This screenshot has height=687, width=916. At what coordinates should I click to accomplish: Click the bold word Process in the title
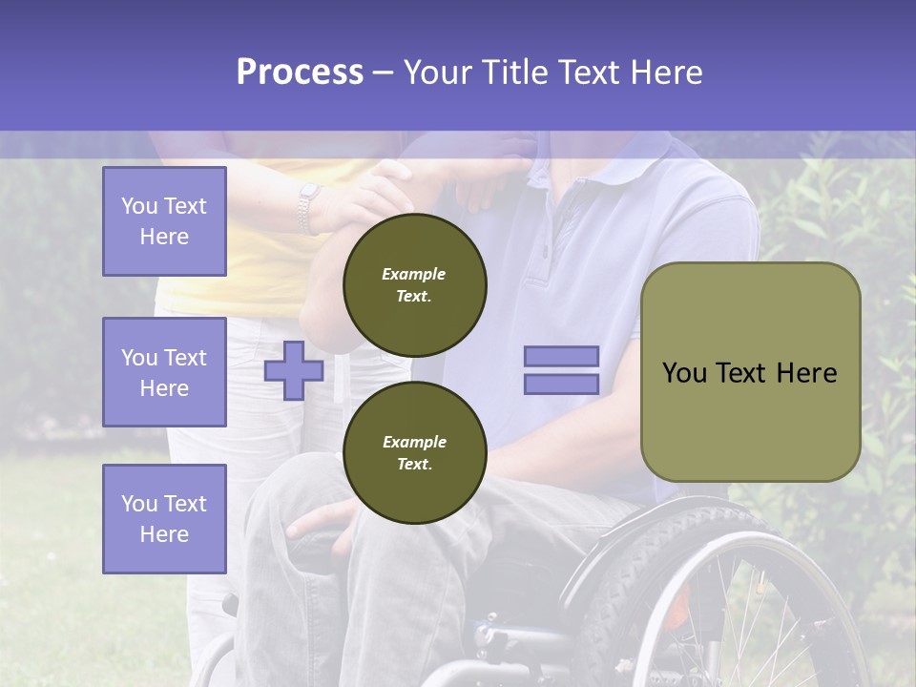300,72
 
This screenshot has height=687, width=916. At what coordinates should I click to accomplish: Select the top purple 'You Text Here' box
164,221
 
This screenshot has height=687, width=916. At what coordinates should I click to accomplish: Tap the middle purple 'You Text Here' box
164,372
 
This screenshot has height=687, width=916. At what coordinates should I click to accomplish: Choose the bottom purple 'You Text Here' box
164,518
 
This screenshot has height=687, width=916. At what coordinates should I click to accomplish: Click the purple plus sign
293,370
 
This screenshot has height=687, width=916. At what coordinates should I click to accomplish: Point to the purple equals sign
561,370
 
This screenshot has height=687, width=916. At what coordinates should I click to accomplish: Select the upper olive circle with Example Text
414,284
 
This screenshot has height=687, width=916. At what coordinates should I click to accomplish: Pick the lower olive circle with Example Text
414,452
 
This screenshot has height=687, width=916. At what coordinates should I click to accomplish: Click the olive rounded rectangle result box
750,372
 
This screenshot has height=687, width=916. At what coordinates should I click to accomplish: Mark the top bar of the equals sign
561,357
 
